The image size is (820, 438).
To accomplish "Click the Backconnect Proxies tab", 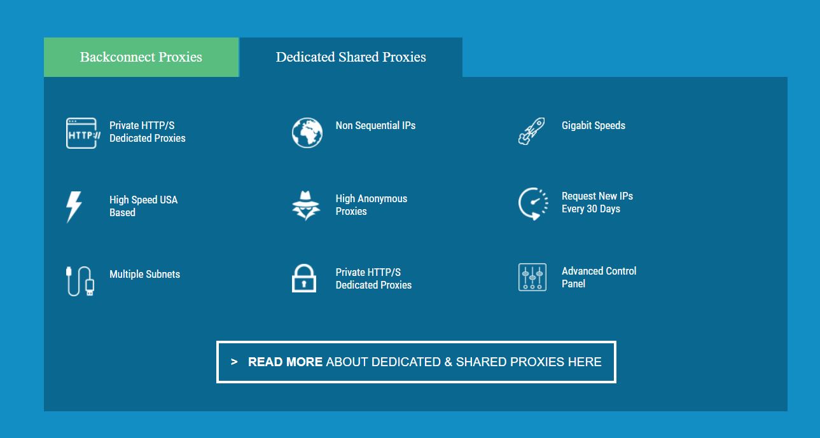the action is point(141,57).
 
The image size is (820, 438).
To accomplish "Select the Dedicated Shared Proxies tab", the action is point(351,57).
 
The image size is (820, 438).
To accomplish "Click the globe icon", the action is point(307,132).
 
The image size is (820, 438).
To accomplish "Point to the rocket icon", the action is point(531,132).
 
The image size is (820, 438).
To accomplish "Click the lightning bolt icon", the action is point(74,207).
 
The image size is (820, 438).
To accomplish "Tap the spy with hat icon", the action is point(306,205).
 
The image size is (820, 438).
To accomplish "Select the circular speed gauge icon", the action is point(533,204).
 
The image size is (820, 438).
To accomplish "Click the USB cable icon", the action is point(80,281).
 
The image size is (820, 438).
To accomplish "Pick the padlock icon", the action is point(304,278).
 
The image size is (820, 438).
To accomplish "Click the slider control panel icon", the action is point(532,277).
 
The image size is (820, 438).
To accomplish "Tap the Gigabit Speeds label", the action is point(594,125).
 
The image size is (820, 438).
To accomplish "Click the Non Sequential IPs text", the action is point(375,125).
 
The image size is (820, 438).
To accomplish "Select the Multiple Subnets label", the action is point(144,274).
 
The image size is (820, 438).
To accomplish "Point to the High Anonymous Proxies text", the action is point(372,205).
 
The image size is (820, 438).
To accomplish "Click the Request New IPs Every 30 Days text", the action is point(597,202).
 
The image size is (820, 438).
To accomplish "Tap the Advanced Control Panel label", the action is point(599,277).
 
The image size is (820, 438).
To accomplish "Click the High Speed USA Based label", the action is point(144,206).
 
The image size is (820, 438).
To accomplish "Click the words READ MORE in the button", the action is point(285,362).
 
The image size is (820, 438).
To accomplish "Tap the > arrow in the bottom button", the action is point(234,362).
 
